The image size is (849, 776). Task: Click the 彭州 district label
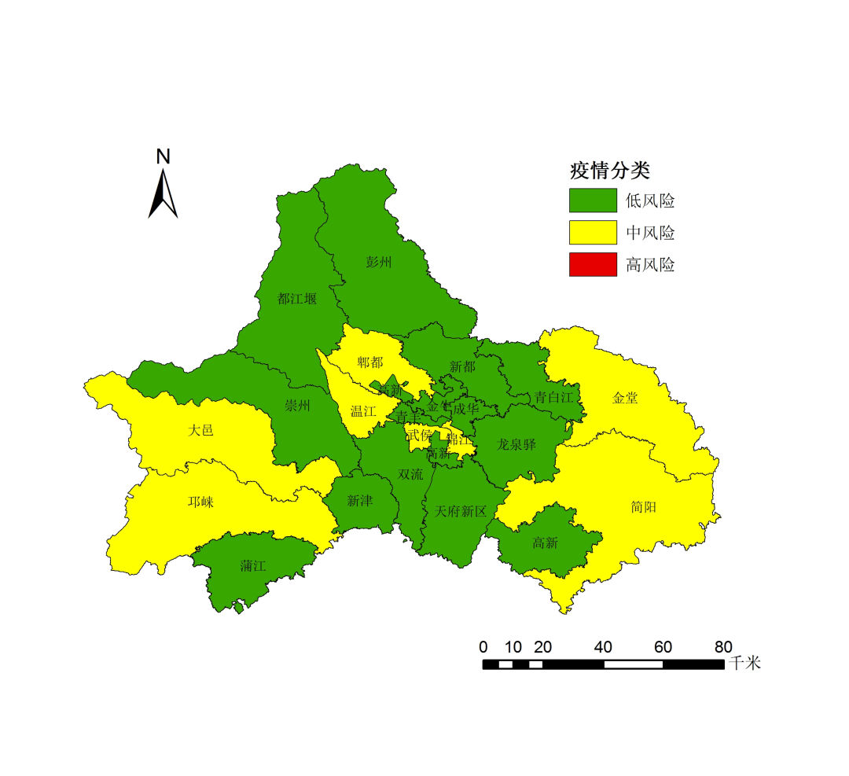click(378, 263)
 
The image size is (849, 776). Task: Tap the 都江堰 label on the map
click(297, 299)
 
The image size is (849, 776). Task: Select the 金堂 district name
click(625, 399)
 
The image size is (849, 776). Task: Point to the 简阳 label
click(643, 508)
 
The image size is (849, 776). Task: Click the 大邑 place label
click(200, 431)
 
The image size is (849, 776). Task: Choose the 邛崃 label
click(200, 502)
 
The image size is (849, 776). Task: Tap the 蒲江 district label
click(253, 566)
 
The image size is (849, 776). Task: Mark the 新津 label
click(359, 501)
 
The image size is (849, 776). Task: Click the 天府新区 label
click(461, 512)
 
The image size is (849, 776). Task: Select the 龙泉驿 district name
click(516, 444)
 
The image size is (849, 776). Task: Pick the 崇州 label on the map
click(297, 406)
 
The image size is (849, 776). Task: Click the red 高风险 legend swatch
click(593, 265)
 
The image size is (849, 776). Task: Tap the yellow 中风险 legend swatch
click(593, 233)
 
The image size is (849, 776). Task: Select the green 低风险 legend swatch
click(593, 200)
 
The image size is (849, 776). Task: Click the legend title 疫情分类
click(609, 171)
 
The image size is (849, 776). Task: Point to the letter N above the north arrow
click(163, 156)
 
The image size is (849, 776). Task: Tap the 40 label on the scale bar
click(603, 648)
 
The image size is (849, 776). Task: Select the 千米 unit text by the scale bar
click(744, 664)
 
